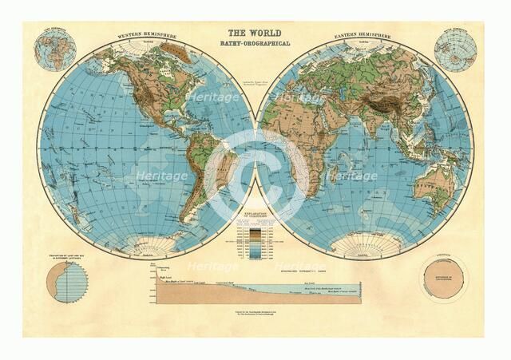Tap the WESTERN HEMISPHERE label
click(149, 35)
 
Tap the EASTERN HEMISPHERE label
click(359, 35)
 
